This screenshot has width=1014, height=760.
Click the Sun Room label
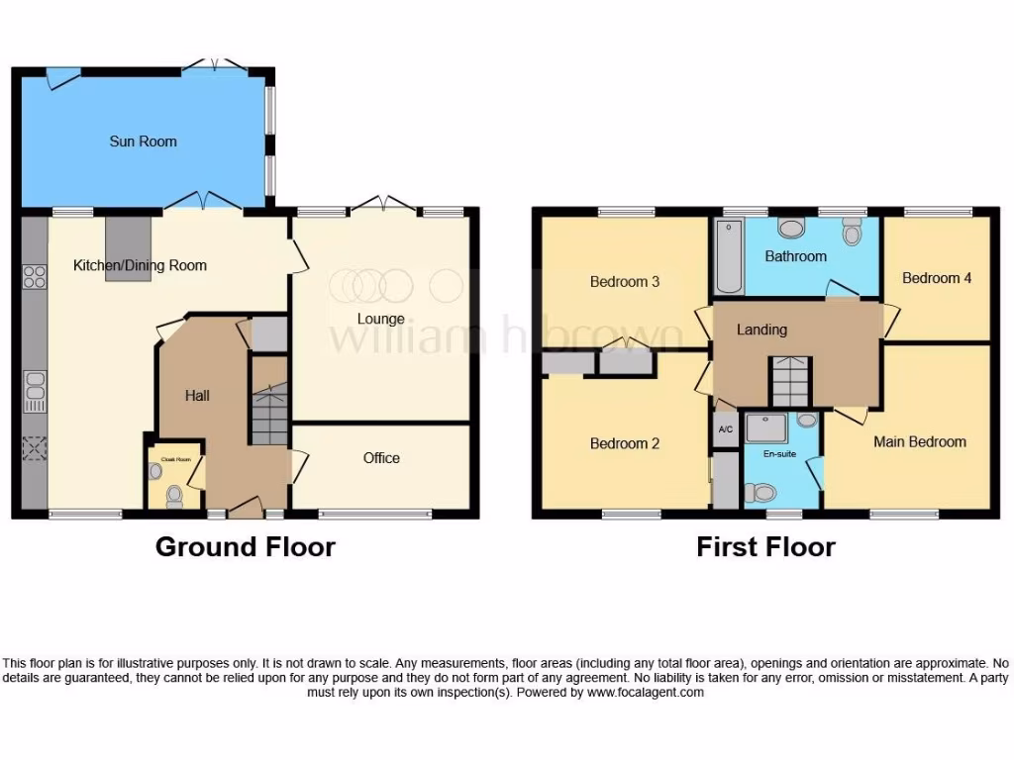[143, 142]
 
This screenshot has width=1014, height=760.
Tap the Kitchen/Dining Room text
[140, 265]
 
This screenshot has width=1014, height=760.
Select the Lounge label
[381, 319]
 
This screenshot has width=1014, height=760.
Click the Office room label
[381, 457]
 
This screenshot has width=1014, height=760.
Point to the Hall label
[198, 396]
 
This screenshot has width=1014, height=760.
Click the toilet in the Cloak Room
[175, 494]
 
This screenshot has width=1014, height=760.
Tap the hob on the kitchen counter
[34, 277]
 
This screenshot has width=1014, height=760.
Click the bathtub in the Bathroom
[728, 257]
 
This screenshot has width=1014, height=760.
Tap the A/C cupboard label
[725, 429]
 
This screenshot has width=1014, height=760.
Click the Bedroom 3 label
[625, 282]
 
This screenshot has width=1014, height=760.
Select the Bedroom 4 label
[936, 278]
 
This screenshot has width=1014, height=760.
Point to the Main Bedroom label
[919, 441]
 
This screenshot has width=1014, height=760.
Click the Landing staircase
[790, 381]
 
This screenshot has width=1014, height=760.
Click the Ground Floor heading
[246, 546]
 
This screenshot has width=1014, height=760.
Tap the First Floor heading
[765, 546]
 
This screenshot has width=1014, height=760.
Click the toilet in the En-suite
[761, 491]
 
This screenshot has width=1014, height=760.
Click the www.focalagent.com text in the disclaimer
[645, 693]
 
